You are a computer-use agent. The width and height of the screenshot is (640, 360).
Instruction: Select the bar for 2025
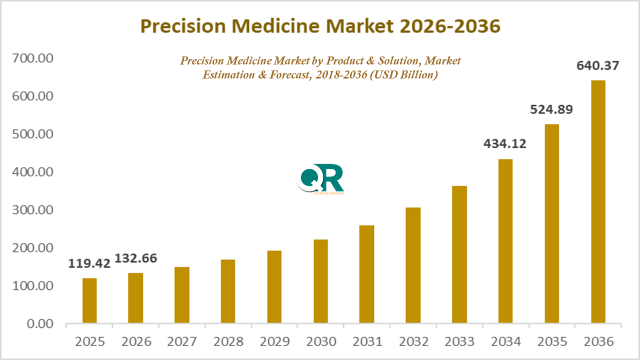point(89,300)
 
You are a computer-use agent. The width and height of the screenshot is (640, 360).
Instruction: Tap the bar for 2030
point(320,281)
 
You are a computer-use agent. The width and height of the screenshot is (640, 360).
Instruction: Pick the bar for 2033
point(459,254)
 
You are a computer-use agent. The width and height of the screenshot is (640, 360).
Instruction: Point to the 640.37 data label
point(598,65)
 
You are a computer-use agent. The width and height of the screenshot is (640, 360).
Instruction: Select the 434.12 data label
point(504,144)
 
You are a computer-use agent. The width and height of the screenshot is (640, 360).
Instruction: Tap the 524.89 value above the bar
point(551,109)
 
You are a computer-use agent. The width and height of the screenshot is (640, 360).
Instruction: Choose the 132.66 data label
point(136,258)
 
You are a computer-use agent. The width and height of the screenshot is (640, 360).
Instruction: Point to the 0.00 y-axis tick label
point(39,324)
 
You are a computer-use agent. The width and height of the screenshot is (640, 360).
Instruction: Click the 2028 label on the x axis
point(228,342)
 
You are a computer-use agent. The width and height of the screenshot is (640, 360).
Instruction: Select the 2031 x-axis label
point(367,342)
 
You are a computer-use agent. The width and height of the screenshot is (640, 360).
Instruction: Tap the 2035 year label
point(552,342)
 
